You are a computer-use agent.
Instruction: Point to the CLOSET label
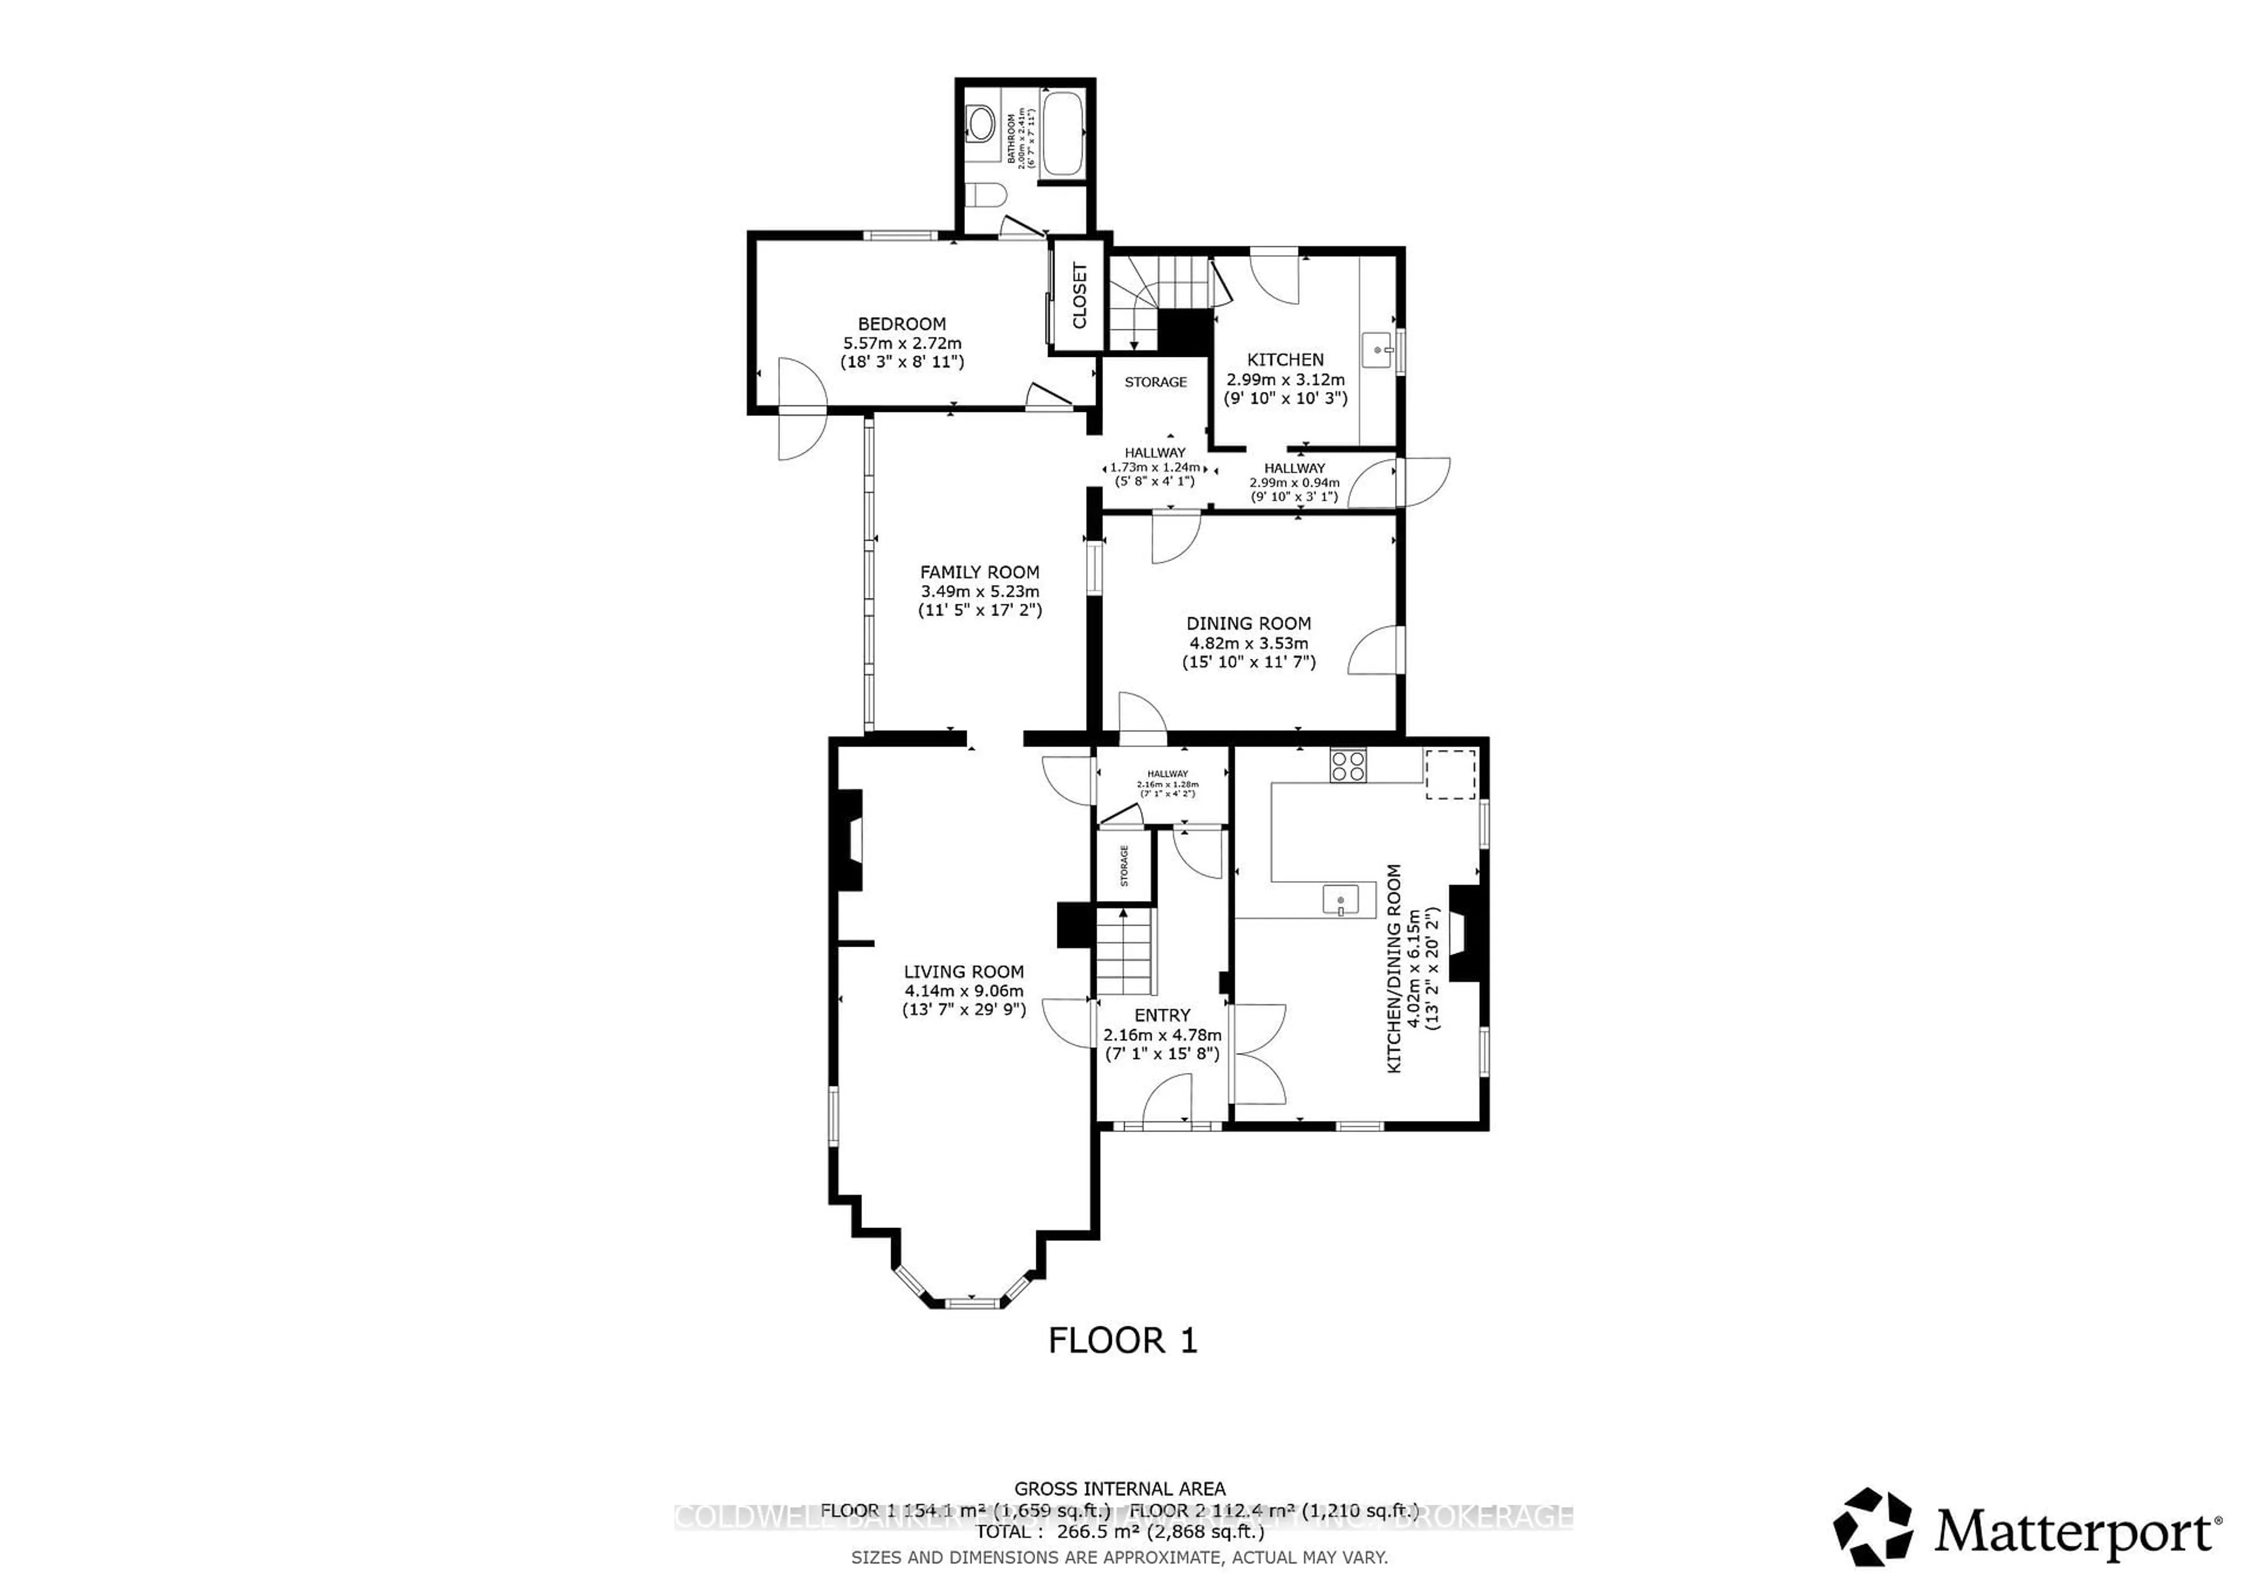point(1080,295)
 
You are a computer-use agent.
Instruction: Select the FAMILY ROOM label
point(978,572)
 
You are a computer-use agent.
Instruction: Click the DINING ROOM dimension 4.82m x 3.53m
point(1248,643)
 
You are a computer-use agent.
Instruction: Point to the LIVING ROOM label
point(963,972)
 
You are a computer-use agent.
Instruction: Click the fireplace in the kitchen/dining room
point(1467,933)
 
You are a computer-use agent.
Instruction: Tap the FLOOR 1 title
point(1122,1340)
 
